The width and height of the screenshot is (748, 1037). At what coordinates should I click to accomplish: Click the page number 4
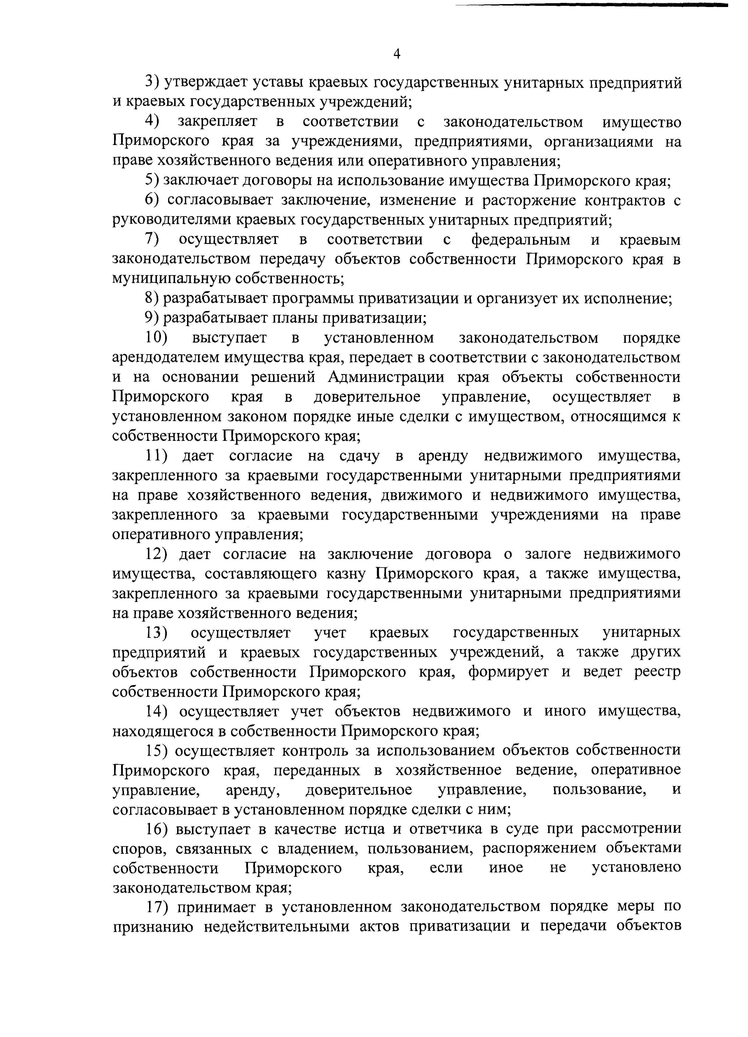pos(397,54)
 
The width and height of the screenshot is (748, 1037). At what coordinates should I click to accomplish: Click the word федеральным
pos(521,240)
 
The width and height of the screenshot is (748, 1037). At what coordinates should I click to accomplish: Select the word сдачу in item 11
pos(362,456)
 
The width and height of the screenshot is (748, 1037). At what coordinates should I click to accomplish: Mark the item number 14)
pos(157,711)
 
